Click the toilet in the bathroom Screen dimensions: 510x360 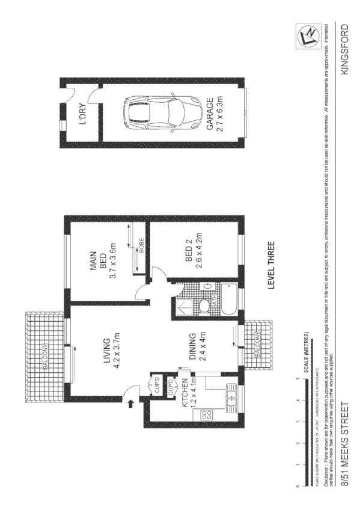pyautogui.click(x=204, y=307)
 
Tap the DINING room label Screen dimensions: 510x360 pyautogui.click(x=192, y=346)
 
